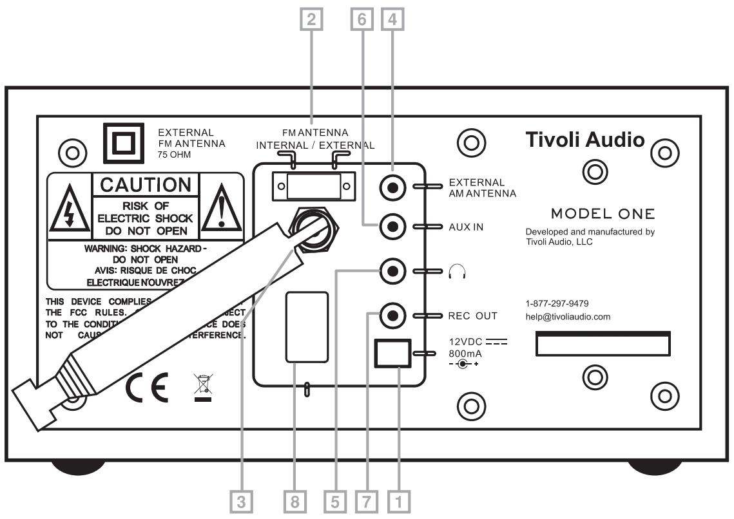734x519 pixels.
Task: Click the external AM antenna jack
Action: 392,188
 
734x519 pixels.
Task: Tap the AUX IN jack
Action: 392,227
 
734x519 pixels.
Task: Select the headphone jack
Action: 392,272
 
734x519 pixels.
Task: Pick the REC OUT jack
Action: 392,316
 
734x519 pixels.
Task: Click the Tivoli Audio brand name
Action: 584,140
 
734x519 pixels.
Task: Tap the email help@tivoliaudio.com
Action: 568,317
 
